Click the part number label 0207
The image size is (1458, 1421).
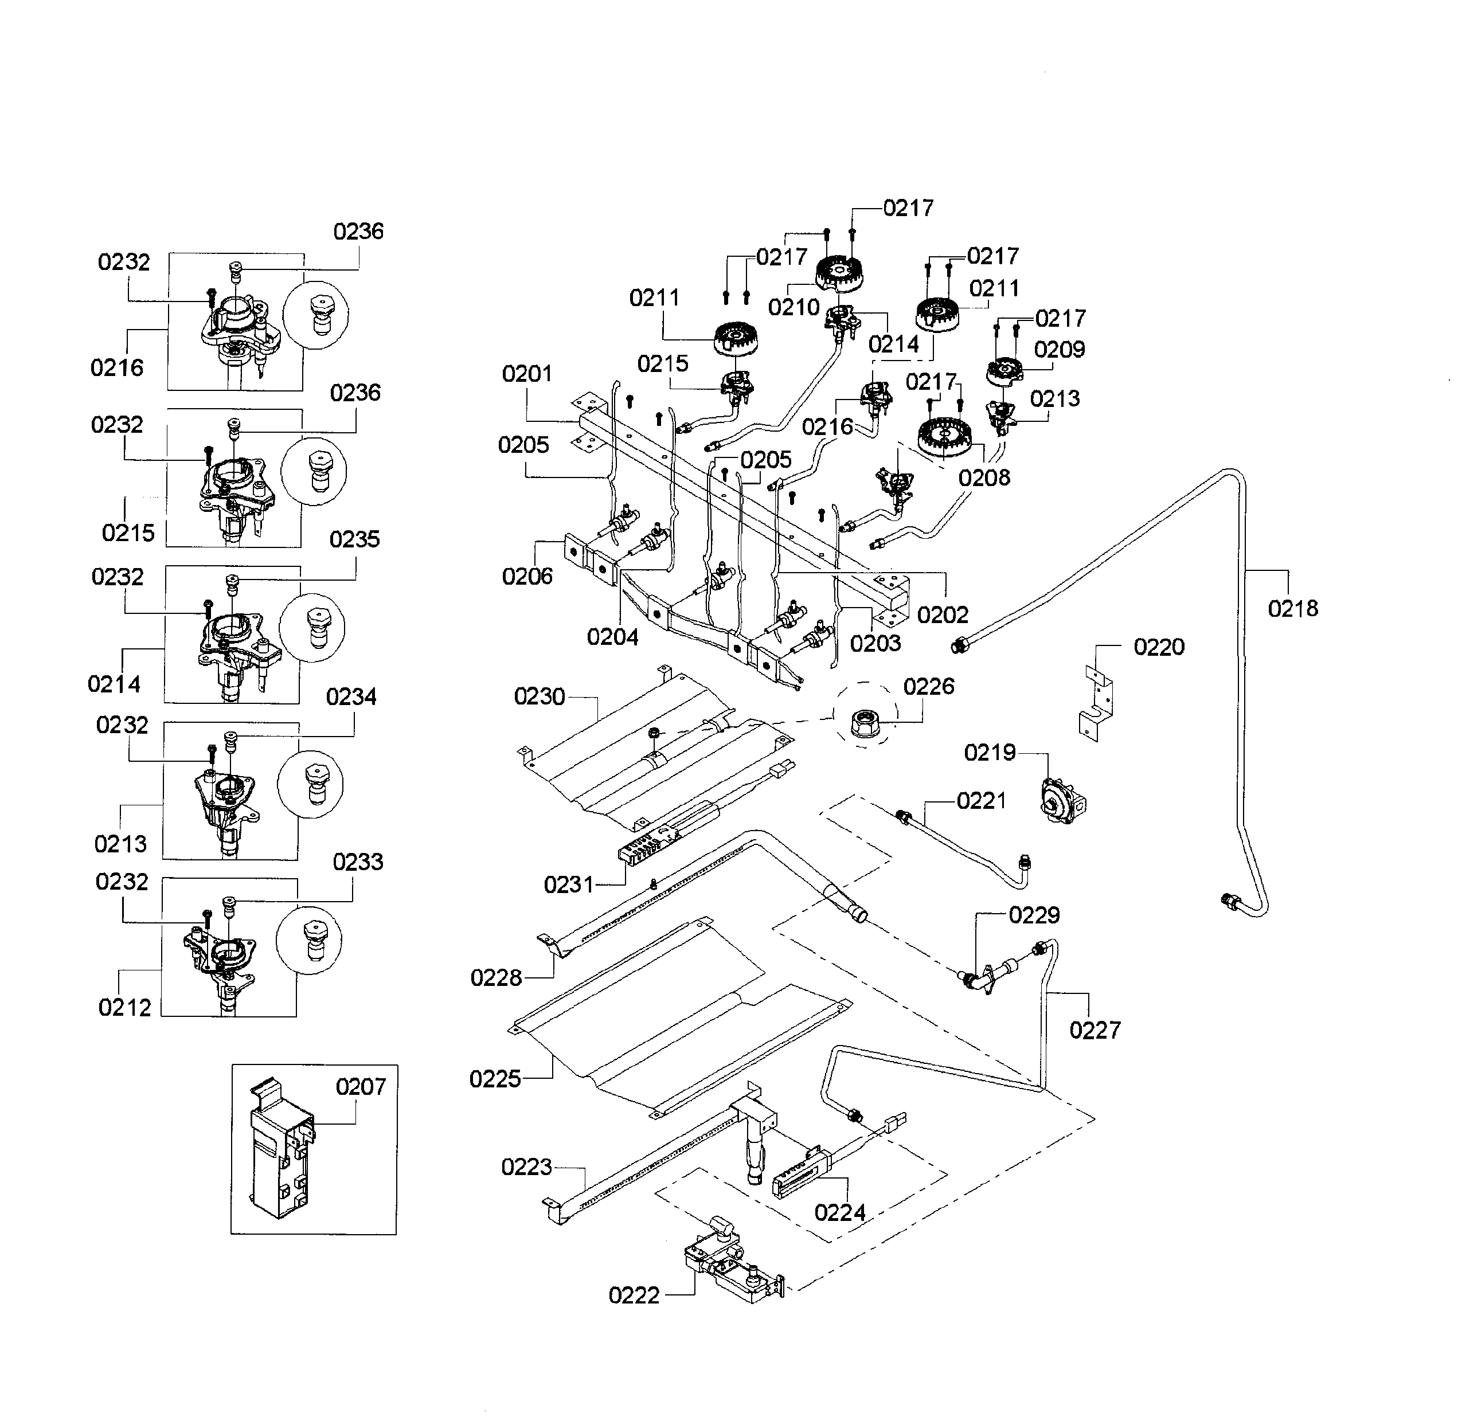click(361, 1087)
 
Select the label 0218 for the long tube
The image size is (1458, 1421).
click(1292, 608)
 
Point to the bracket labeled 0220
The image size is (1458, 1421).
click(1096, 703)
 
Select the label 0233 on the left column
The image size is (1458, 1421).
click(358, 862)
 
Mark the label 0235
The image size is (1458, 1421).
click(354, 539)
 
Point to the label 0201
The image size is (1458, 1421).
click(527, 373)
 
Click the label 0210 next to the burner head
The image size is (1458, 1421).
click(794, 307)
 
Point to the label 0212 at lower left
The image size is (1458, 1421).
click(124, 1008)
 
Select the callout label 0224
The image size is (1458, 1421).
click(840, 1213)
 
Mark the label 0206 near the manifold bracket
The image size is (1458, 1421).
click(527, 576)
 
